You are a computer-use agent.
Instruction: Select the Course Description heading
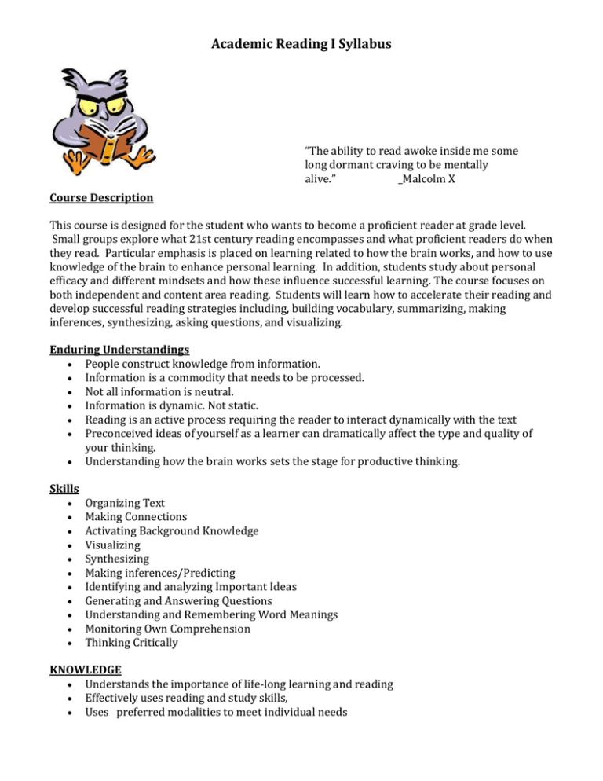coord(100,197)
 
